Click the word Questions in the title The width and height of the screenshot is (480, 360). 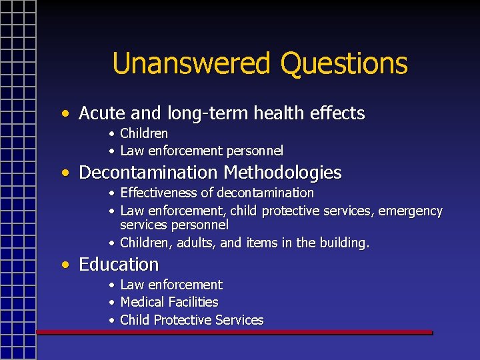(344, 64)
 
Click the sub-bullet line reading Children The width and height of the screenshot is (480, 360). (143, 133)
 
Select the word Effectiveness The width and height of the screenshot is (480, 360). (158, 193)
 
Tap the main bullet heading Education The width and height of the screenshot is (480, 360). (119, 265)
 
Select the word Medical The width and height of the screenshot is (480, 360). (141, 302)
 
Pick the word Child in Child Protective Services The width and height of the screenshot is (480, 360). (135, 320)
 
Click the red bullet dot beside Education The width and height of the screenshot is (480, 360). (65, 265)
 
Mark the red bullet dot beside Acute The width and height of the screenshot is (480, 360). (65, 113)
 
